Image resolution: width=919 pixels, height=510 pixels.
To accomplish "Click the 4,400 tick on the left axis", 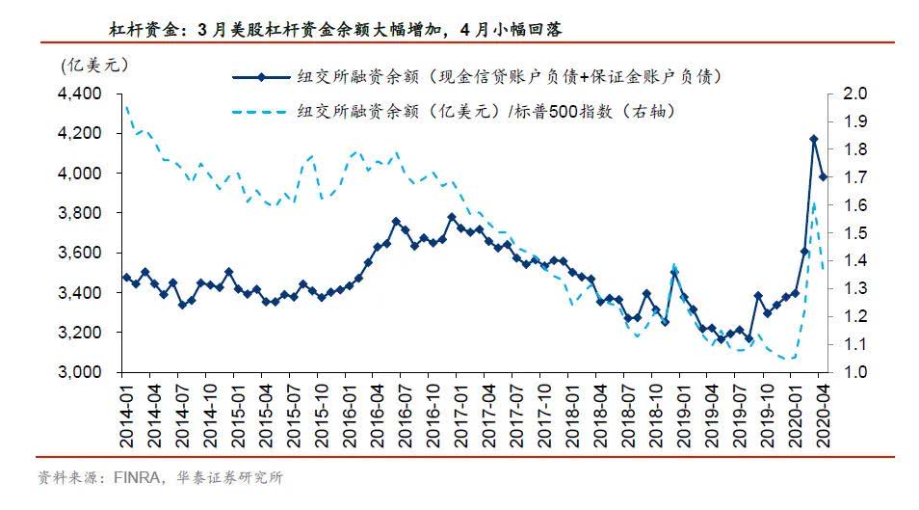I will (81, 94).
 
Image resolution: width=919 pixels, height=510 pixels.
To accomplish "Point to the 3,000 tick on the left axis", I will (81, 372).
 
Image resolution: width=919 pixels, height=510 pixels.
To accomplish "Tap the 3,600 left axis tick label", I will (81, 253).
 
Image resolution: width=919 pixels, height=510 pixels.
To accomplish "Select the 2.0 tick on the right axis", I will (856, 94).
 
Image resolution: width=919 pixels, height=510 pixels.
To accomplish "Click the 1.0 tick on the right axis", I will (856, 372).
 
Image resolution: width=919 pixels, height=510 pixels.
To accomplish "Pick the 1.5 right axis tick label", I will (856, 232).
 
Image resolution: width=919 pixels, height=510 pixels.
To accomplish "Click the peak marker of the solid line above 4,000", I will (813, 140).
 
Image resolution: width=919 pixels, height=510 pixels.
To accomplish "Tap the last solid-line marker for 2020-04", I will (824, 176).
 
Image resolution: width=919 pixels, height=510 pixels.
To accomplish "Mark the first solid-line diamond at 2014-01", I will (126, 278).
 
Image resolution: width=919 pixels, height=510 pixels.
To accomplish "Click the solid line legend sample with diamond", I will (261, 76).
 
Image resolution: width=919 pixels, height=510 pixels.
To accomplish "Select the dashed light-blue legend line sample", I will (261, 112).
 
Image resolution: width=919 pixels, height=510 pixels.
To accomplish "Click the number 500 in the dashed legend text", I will (561, 112).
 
